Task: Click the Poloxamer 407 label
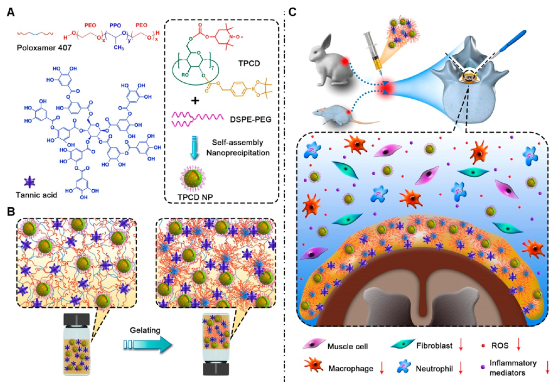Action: [x=37, y=46]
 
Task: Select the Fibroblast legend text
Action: [x=434, y=344]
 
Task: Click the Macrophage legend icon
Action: [x=311, y=369]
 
